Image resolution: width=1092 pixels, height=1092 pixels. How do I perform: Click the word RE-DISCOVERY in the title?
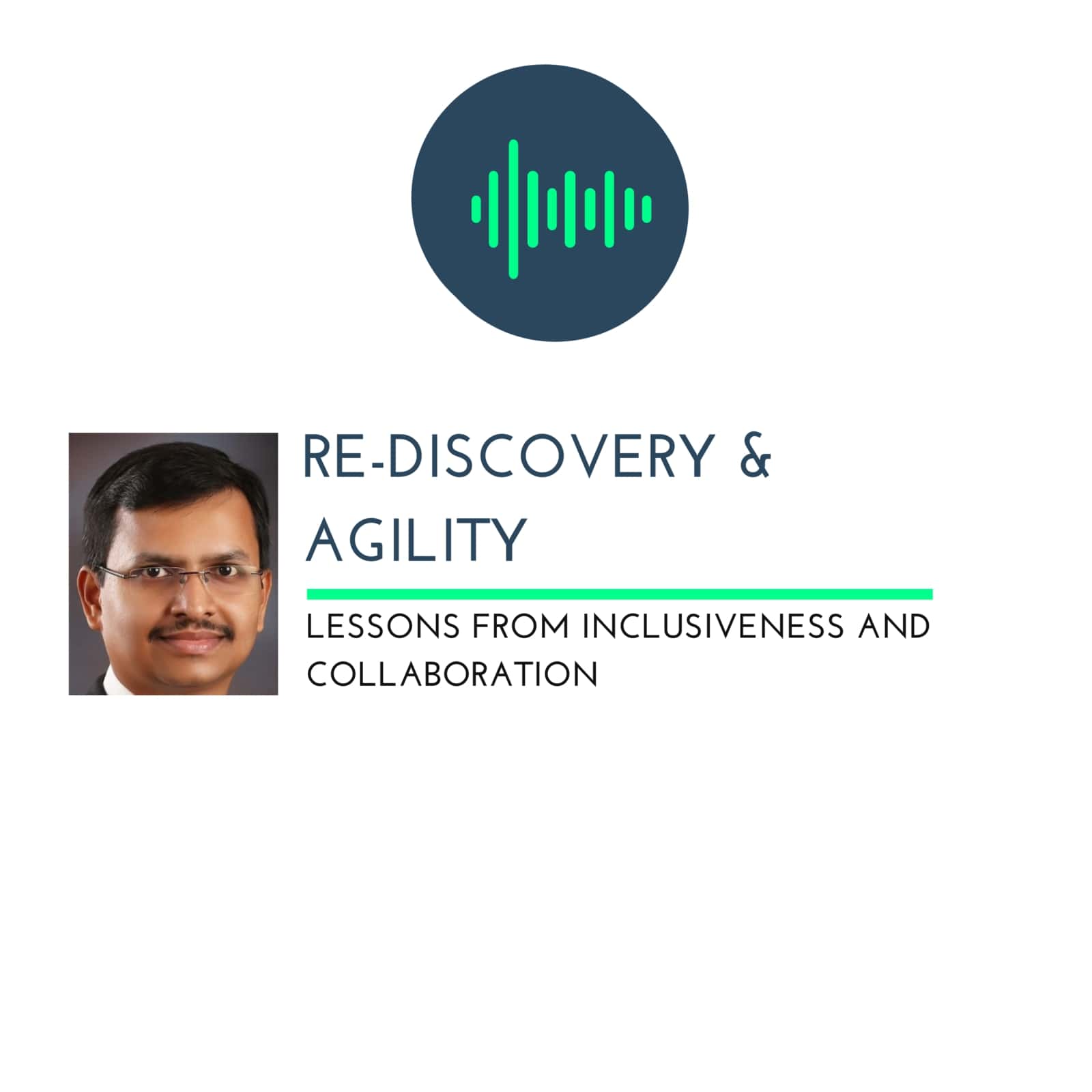click(508, 456)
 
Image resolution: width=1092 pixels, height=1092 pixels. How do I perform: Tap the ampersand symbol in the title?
click(755, 456)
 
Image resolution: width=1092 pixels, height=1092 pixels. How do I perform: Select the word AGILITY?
click(416, 539)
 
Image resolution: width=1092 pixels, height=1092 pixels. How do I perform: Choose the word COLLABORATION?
click(452, 674)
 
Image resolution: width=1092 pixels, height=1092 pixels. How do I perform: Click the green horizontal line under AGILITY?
click(620, 594)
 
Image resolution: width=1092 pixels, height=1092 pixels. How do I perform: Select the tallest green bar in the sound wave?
click(513, 209)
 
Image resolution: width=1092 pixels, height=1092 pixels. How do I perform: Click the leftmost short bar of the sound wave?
click(476, 209)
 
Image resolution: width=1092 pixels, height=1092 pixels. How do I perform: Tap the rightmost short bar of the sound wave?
click(647, 209)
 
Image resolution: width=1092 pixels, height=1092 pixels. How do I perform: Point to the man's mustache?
click(194, 629)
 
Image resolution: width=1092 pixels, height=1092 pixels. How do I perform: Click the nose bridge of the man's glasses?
click(192, 572)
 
